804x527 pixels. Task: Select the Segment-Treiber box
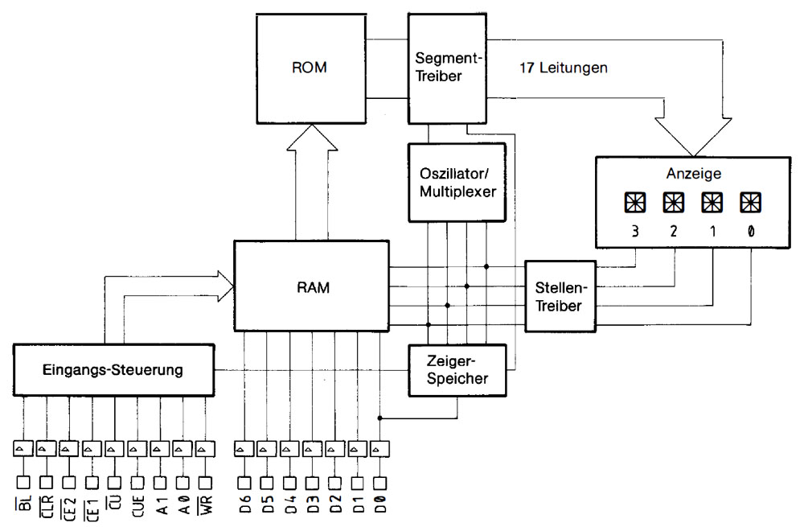click(x=448, y=68)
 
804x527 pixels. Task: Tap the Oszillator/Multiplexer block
click(x=457, y=182)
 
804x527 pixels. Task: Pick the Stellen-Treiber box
click(x=560, y=295)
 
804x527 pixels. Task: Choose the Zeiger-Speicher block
click(x=457, y=369)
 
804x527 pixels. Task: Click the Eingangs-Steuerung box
click(x=114, y=370)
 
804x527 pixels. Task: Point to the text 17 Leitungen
click(x=564, y=68)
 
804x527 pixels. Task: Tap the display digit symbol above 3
click(x=634, y=202)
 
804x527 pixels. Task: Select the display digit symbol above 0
click(x=749, y=202)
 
